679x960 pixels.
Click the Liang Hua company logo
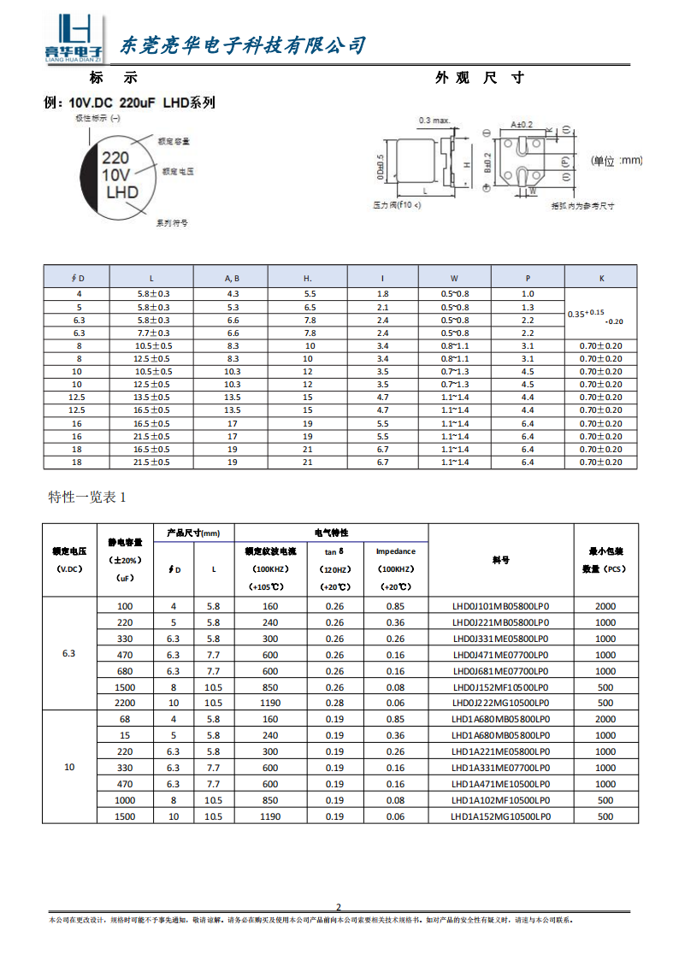tap(74, 38)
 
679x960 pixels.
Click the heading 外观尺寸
tap(478, 78)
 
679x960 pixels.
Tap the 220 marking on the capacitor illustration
tap(116, 158)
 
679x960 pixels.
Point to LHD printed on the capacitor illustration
tap(121, 192)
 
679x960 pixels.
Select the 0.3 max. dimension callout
tap(434, 120)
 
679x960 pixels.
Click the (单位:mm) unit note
tap(617, 161)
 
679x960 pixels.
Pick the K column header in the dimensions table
tap(601, 278)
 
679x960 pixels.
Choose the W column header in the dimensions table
tap(455, 278)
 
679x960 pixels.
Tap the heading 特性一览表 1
tap(87, 497)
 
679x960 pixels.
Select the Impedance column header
tap(395, 551)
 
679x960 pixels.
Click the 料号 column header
tap(500, 560)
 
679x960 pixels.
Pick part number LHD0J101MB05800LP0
tap(500, 606)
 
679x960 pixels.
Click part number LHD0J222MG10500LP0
tap(500, 703)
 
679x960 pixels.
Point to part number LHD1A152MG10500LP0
tap(500, 816)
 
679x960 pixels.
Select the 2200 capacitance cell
tap(126, 703)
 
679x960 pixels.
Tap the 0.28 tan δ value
tap(334, 703)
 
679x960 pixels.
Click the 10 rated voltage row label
tap(69, 767)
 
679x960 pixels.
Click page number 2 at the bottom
tap(338, 907)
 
